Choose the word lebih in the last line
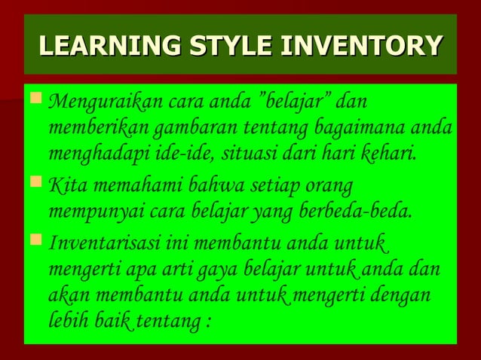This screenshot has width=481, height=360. (67, 321)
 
